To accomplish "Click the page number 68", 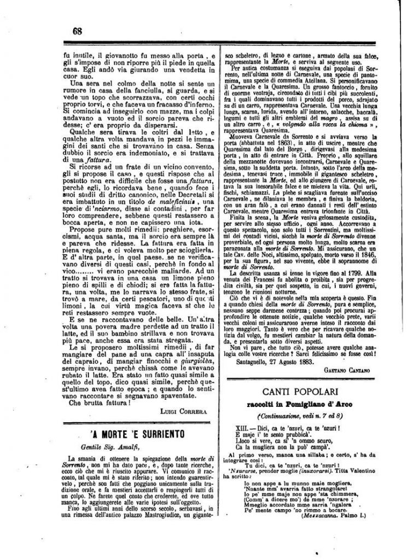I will coord(77,31).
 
